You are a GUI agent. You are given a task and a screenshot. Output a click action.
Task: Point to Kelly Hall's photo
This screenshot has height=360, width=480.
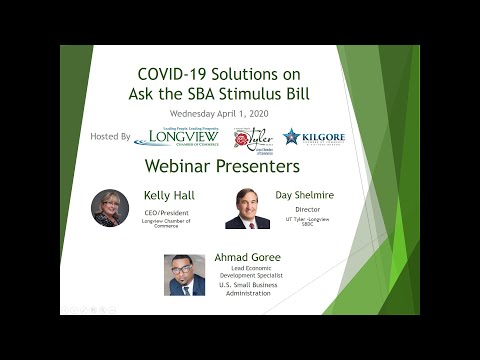point(110,207)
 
